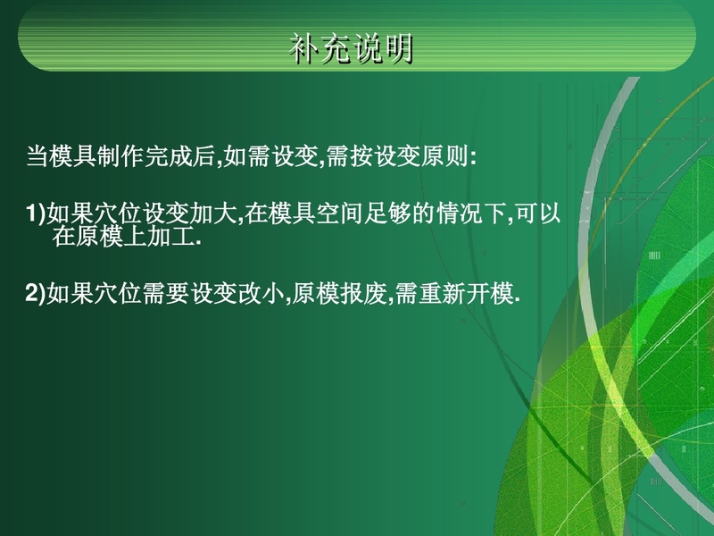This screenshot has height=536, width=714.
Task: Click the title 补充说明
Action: click(351, 48)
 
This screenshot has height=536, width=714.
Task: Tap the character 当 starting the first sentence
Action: click(37, 156)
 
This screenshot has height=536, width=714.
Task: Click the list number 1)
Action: click(36, 214)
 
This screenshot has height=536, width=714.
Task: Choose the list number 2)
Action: click(36, 293)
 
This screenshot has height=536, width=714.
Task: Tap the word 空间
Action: click(339, 214)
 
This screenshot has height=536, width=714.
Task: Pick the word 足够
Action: click(387, 214)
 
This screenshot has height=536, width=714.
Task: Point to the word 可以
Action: click(538, 214)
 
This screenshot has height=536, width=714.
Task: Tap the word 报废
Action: click(364, 293)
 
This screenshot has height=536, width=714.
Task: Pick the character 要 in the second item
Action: click(178, 293)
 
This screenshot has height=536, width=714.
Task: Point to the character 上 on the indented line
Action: click(136, 236)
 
